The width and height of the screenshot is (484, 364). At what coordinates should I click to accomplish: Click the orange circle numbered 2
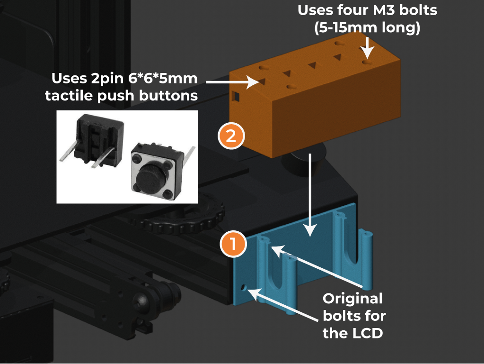231,136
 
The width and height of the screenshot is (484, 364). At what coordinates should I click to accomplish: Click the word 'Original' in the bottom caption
352,299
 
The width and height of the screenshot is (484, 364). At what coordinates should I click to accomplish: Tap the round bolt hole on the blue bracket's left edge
244,288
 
